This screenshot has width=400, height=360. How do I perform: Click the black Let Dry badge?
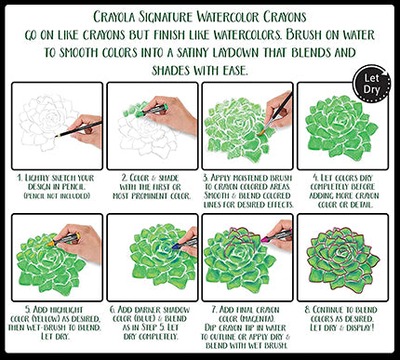pyautogui.click(x=372, y=84)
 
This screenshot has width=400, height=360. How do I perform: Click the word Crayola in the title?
pyautogui.click(x=114, y=17)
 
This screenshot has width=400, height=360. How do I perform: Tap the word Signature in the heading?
pyautogui.click(x=166, y=17)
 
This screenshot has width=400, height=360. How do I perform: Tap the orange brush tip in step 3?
pyautogui.click(x=261, y=132)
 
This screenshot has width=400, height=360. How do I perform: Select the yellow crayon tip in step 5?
pyautogui.click(x=49, y=244)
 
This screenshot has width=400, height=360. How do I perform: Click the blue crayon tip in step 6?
pyautogui.click(x=175, y=247)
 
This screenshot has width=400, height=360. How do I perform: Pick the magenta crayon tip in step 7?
pyautogui.click(x=264, y=239)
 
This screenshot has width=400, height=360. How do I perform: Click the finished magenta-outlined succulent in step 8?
pyautogui.click(x=342, y=258)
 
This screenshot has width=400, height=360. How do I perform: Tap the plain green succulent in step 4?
pyautogui.click(x=341, y=126)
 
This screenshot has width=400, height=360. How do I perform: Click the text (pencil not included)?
pyautogui.click(x=57, y=196)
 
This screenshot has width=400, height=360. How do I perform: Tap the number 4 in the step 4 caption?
pyautogui.click(x=315, y=178)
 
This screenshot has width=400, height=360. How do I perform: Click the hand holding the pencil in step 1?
pyautogui.click(x=87, y=131)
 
